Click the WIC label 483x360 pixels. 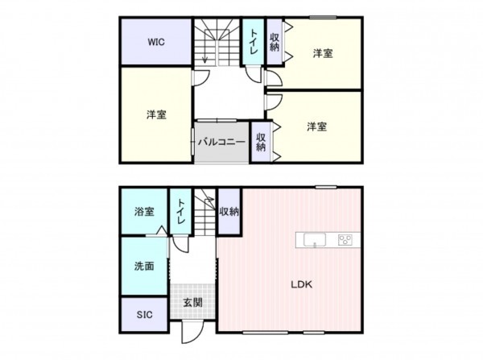pos(156,43)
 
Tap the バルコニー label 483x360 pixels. pos(221,142)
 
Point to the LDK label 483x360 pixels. pos(301,284)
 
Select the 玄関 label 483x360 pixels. pos(192,303)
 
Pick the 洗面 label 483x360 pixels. pos(144,266)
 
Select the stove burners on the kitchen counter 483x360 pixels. pos(345,238)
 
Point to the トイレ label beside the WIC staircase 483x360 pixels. pos(254,41)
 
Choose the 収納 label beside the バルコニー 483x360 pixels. pos(261,143)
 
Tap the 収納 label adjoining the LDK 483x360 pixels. pos(229,211)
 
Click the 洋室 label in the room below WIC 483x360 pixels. pos(156,114)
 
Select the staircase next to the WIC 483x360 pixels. pos(217,44)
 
